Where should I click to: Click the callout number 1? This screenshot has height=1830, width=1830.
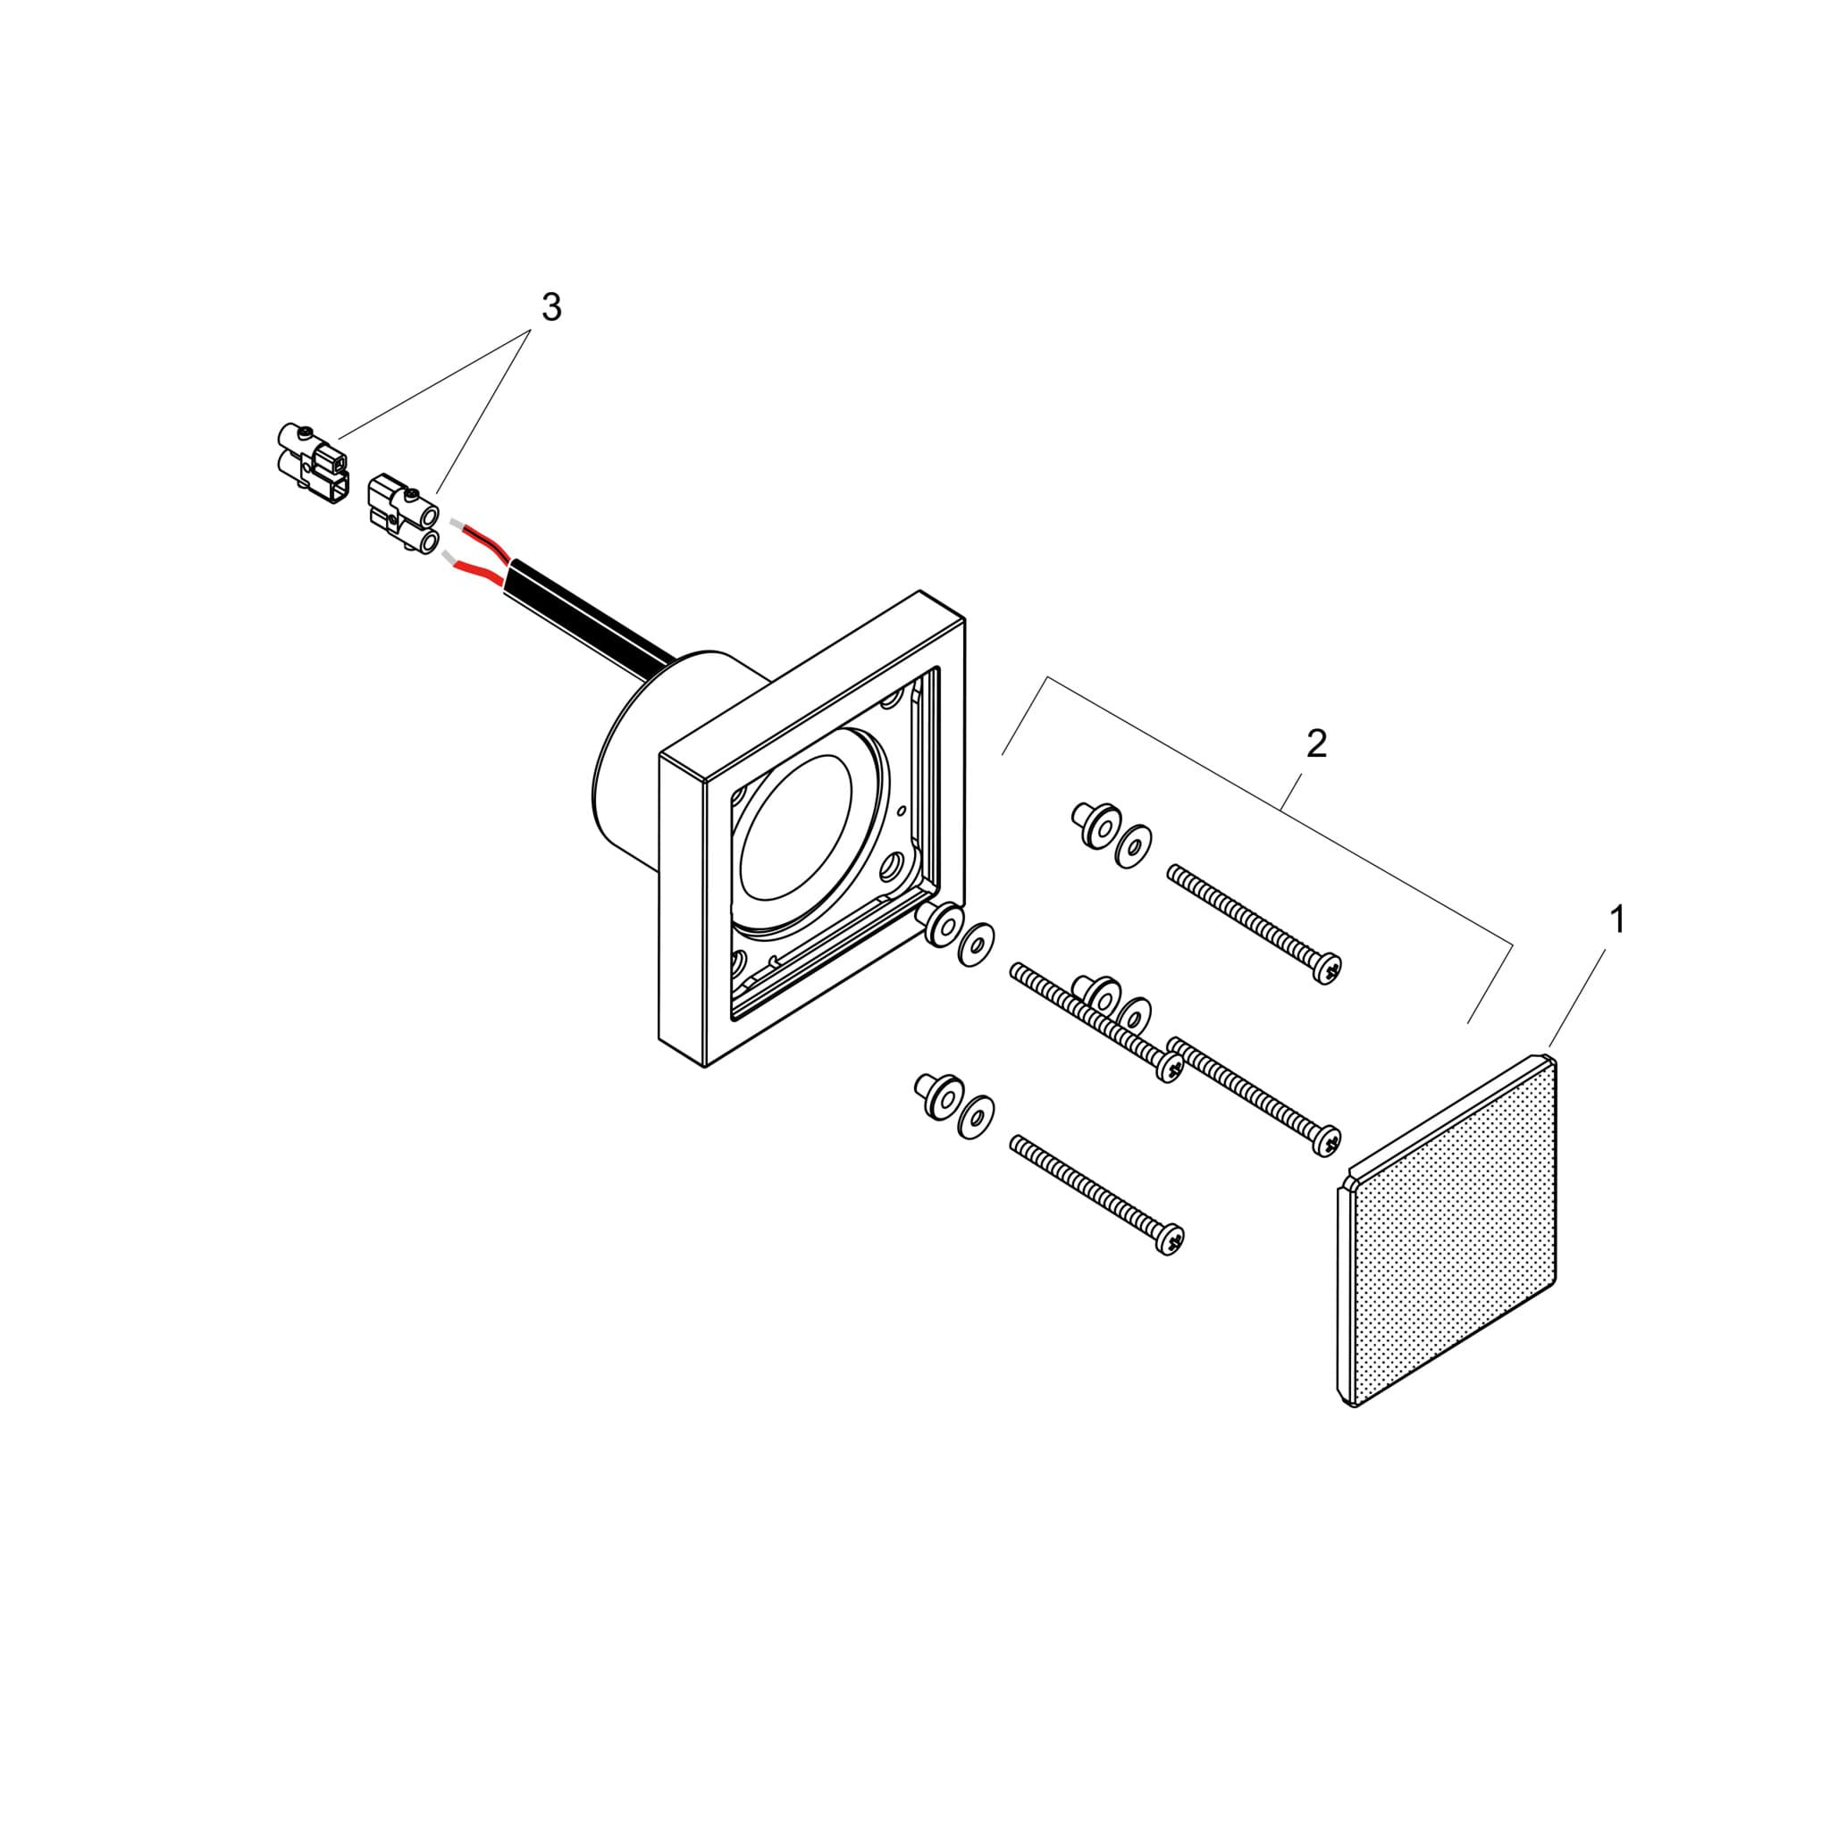coord(1618,919)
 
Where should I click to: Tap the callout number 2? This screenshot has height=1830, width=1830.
coord(1316,744)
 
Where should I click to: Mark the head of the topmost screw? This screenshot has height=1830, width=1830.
coord(1327,968)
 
